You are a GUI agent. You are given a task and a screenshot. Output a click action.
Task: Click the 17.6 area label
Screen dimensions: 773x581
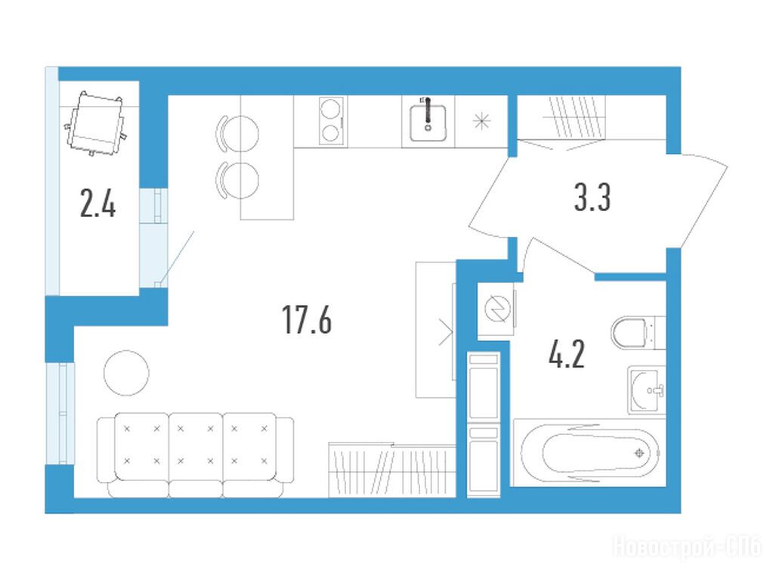(x=307, y=319)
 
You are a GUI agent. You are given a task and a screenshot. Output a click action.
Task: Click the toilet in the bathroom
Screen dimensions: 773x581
(x=638, y=332)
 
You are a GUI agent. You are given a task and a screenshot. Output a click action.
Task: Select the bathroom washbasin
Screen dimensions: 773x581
(x=647, y=390)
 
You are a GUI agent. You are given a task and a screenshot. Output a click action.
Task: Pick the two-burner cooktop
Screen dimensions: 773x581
(x=330, y=120)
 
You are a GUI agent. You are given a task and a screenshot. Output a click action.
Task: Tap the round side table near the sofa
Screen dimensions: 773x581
(x=126, y=373)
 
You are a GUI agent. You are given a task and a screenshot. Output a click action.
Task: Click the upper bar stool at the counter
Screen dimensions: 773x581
(x=237, y=134)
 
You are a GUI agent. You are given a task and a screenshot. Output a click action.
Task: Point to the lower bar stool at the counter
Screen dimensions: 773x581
(x=237, y=181)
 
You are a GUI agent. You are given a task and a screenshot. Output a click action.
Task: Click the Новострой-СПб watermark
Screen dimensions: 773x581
(x=687, y=548)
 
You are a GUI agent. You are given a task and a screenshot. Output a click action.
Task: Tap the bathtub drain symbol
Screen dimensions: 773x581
(x=639, y=452)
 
